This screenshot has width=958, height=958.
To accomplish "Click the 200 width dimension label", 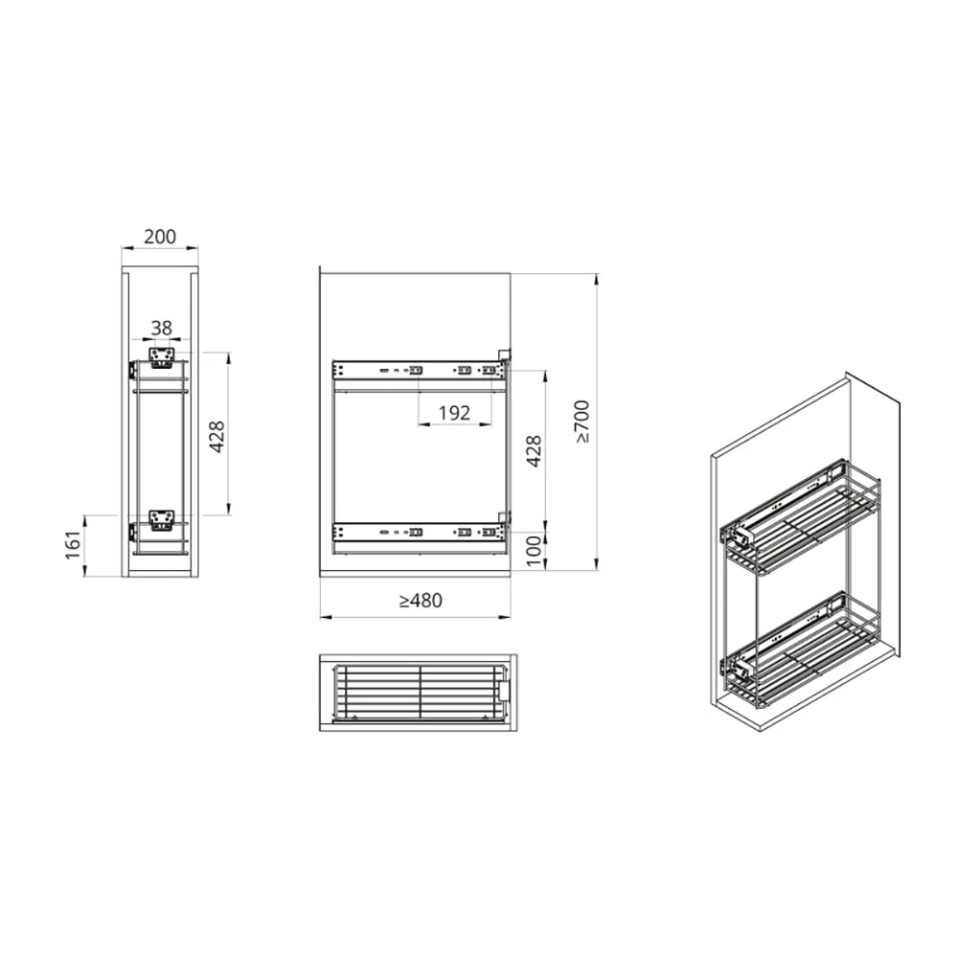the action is tap(159, 237).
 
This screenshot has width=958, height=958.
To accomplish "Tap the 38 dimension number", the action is tap(161, 328).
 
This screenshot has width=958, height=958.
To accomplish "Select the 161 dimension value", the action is tap(74, 545).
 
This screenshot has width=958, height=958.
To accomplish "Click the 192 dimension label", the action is tap(454, 413).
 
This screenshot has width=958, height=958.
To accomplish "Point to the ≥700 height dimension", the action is tap(582, 422).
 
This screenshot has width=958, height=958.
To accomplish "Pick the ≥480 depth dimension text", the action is tap(421, 601).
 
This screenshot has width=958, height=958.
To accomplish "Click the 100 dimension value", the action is tap(534, 551).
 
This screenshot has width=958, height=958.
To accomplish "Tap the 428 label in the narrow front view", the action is tap(217, 436).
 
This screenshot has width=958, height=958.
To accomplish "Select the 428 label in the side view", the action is tap(534, 451).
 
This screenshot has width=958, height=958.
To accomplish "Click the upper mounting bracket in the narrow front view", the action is tap(163, 358).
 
